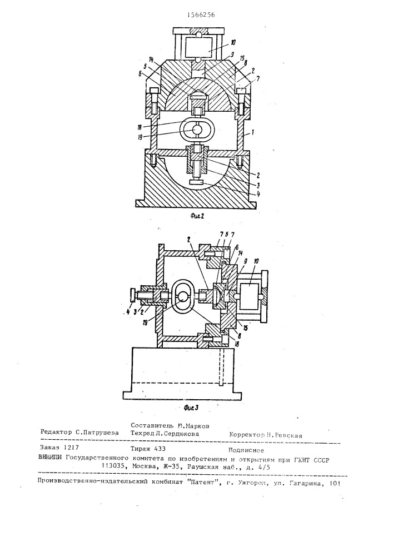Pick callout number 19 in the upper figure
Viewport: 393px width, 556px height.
pyautogui.click(x=155, y=133)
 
